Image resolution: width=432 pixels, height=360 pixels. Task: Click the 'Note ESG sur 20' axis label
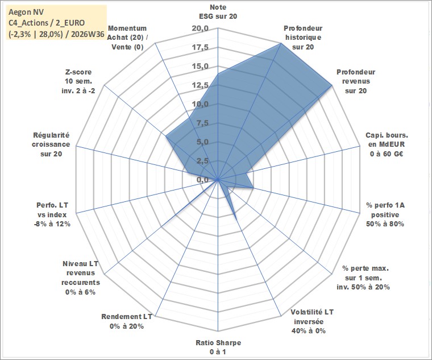[218, 11]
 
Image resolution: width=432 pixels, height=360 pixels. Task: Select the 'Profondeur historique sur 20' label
[303, 38]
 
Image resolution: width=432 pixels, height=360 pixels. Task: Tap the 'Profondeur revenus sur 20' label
[356, 81]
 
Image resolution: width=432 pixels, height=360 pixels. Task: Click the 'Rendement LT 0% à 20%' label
[126, 321]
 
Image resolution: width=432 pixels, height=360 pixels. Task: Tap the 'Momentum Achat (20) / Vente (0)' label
[127, 38]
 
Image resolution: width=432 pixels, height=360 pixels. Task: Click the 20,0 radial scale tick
[200, 28]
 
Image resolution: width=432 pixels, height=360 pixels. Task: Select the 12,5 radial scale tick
[200, 85]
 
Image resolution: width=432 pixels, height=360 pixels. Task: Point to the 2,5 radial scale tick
[202, 161]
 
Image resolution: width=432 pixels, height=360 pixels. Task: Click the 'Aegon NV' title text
[26, 12]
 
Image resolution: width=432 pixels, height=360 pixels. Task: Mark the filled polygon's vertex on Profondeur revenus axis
[332, 85]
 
